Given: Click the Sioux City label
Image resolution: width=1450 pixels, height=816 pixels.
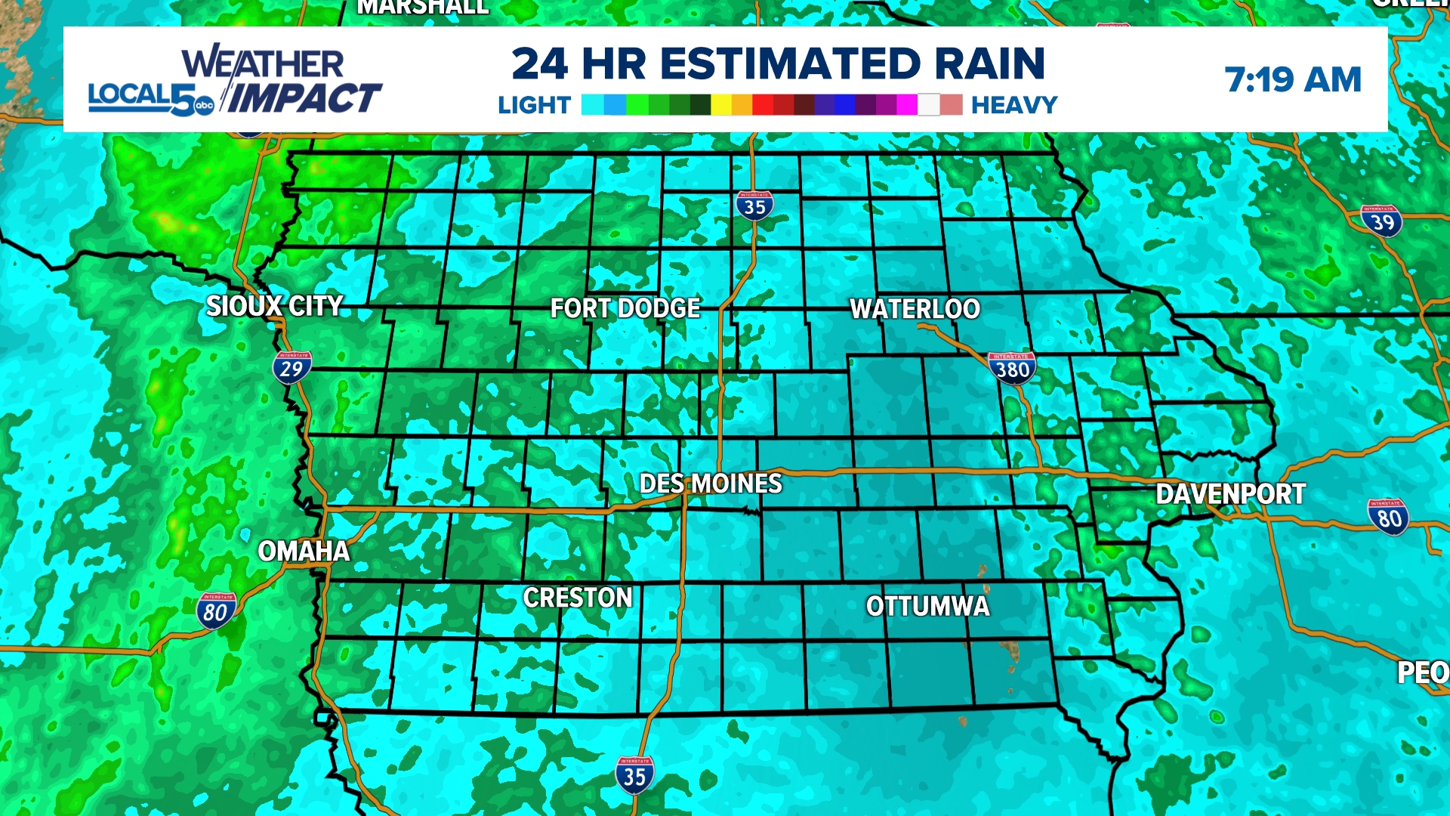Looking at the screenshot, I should point(275,306).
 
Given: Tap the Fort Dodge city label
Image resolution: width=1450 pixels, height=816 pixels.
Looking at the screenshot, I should point(625,308).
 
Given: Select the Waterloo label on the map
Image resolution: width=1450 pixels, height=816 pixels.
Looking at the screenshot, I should point(915,308).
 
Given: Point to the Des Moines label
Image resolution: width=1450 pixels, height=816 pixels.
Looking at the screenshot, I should point(711,484).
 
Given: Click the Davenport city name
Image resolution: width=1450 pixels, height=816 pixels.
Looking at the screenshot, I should point(1230,494).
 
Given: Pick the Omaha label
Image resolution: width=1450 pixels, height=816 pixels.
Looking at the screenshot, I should point(304,552).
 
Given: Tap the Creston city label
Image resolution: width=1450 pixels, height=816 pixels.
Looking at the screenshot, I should point(578,598).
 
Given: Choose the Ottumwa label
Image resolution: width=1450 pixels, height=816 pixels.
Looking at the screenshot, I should point(927,606).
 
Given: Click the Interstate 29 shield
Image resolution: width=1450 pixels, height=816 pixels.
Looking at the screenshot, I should point(292,368).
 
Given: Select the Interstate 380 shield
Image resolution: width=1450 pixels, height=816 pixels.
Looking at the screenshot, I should point(1012,369).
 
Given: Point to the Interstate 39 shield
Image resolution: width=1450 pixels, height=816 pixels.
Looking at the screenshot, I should point(1382,221).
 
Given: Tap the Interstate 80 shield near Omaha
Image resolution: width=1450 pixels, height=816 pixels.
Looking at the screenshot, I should point(216,610).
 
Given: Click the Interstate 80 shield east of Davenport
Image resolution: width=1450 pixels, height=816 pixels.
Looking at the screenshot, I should point(1389,518).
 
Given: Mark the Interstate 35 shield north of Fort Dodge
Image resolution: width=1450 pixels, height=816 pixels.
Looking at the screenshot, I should point(754,206).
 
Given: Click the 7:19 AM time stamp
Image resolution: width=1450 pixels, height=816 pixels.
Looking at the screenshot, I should point(1293,79).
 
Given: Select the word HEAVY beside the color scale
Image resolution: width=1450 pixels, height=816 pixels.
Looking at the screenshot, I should point(1014,105).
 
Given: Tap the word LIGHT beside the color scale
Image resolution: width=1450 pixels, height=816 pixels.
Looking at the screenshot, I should point(534,105).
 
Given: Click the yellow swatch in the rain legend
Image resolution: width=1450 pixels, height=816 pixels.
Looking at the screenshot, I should point(721,105).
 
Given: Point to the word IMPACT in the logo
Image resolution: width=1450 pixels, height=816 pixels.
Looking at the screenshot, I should point(304,98).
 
